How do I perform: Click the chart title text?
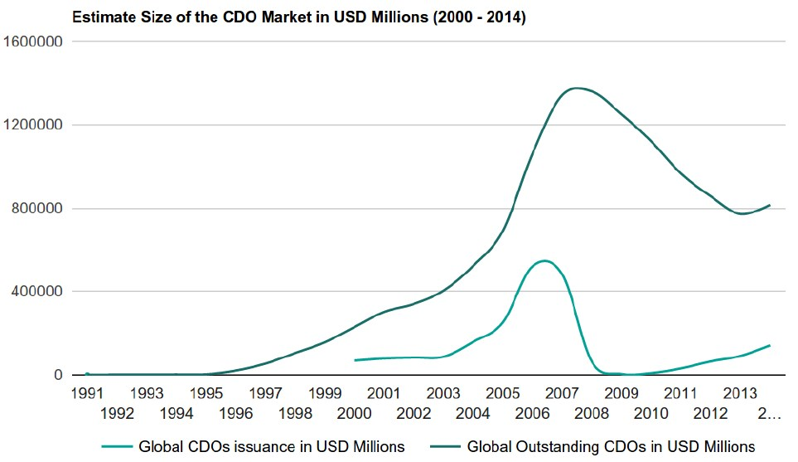(299, 17)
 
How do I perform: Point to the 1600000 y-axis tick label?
(35, 42)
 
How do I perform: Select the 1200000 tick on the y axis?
(35, 125)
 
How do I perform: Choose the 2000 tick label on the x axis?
(355, 412)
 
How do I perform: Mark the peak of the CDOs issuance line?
(544, 261)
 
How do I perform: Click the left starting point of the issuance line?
(355, 360)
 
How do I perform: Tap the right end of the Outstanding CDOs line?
(770, 205)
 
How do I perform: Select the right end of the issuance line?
(770, 345)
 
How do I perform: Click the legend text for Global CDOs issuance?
(272, 447)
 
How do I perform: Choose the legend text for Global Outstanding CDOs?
(611, 447)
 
